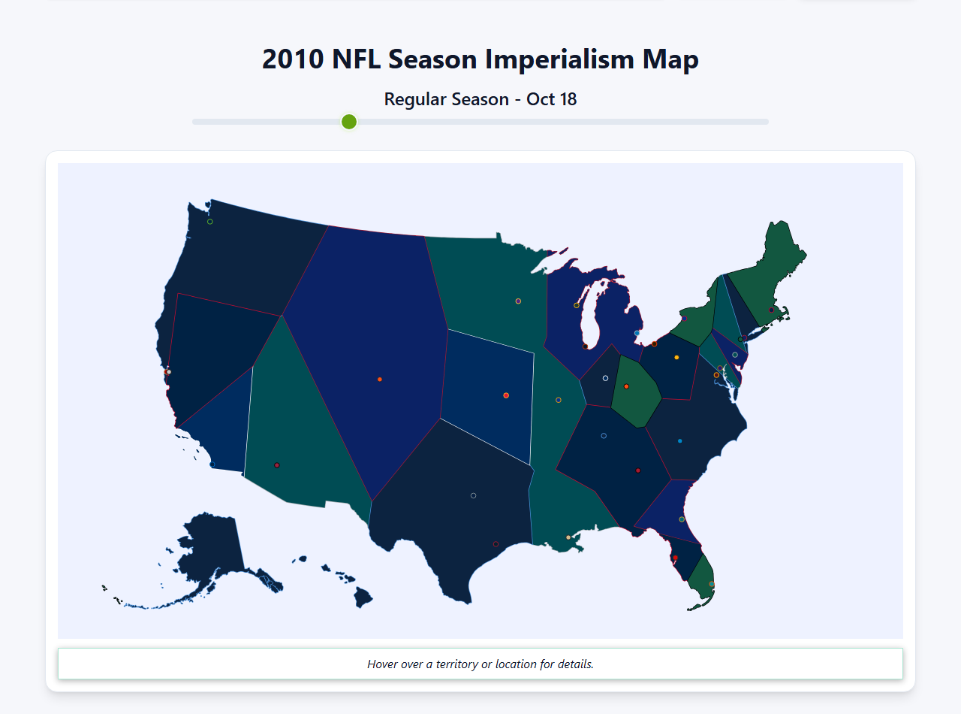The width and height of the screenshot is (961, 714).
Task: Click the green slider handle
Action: pyautogui.click(x=349, y=122)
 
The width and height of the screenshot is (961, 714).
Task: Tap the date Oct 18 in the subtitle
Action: pyautogui.click(x=552, y=99)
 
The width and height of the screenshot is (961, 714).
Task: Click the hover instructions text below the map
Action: pyautogui.click(x=480, y=664)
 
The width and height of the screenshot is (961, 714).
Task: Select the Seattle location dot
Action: pyautogui.click(x=210, y=222)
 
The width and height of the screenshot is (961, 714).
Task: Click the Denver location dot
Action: pyautogui.click(x=380, y=380)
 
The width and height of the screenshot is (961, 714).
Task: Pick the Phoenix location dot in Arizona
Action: pyautogui.click(x=277, y=465)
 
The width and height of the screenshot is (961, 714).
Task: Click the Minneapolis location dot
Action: pyautogui.click(x=518, y=301)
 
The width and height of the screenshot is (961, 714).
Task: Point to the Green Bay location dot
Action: pyautogui.click(x=577, y=305)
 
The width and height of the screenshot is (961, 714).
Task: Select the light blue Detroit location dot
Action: pyautogui.click(x=637, y=333)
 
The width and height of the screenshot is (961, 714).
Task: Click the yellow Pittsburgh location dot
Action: pyautogui.click(x=676, y=357)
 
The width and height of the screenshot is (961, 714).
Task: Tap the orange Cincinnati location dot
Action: pyautogui.click(x=626, y=386)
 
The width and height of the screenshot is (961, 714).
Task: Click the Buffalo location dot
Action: pyautogui.click(x=684, y=319)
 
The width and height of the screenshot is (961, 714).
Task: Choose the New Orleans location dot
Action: pyautogui.click(x=568, y=537)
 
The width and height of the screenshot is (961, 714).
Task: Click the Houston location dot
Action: pyautogui.click(x=496, y=544)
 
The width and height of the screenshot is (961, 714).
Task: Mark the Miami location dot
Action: pyautogui.click(x=712, y=584)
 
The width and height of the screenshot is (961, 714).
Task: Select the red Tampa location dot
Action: pyautogui.click(x=675, y=558)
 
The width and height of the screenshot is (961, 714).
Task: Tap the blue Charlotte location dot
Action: pyautogui.click(x=680, y=441)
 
